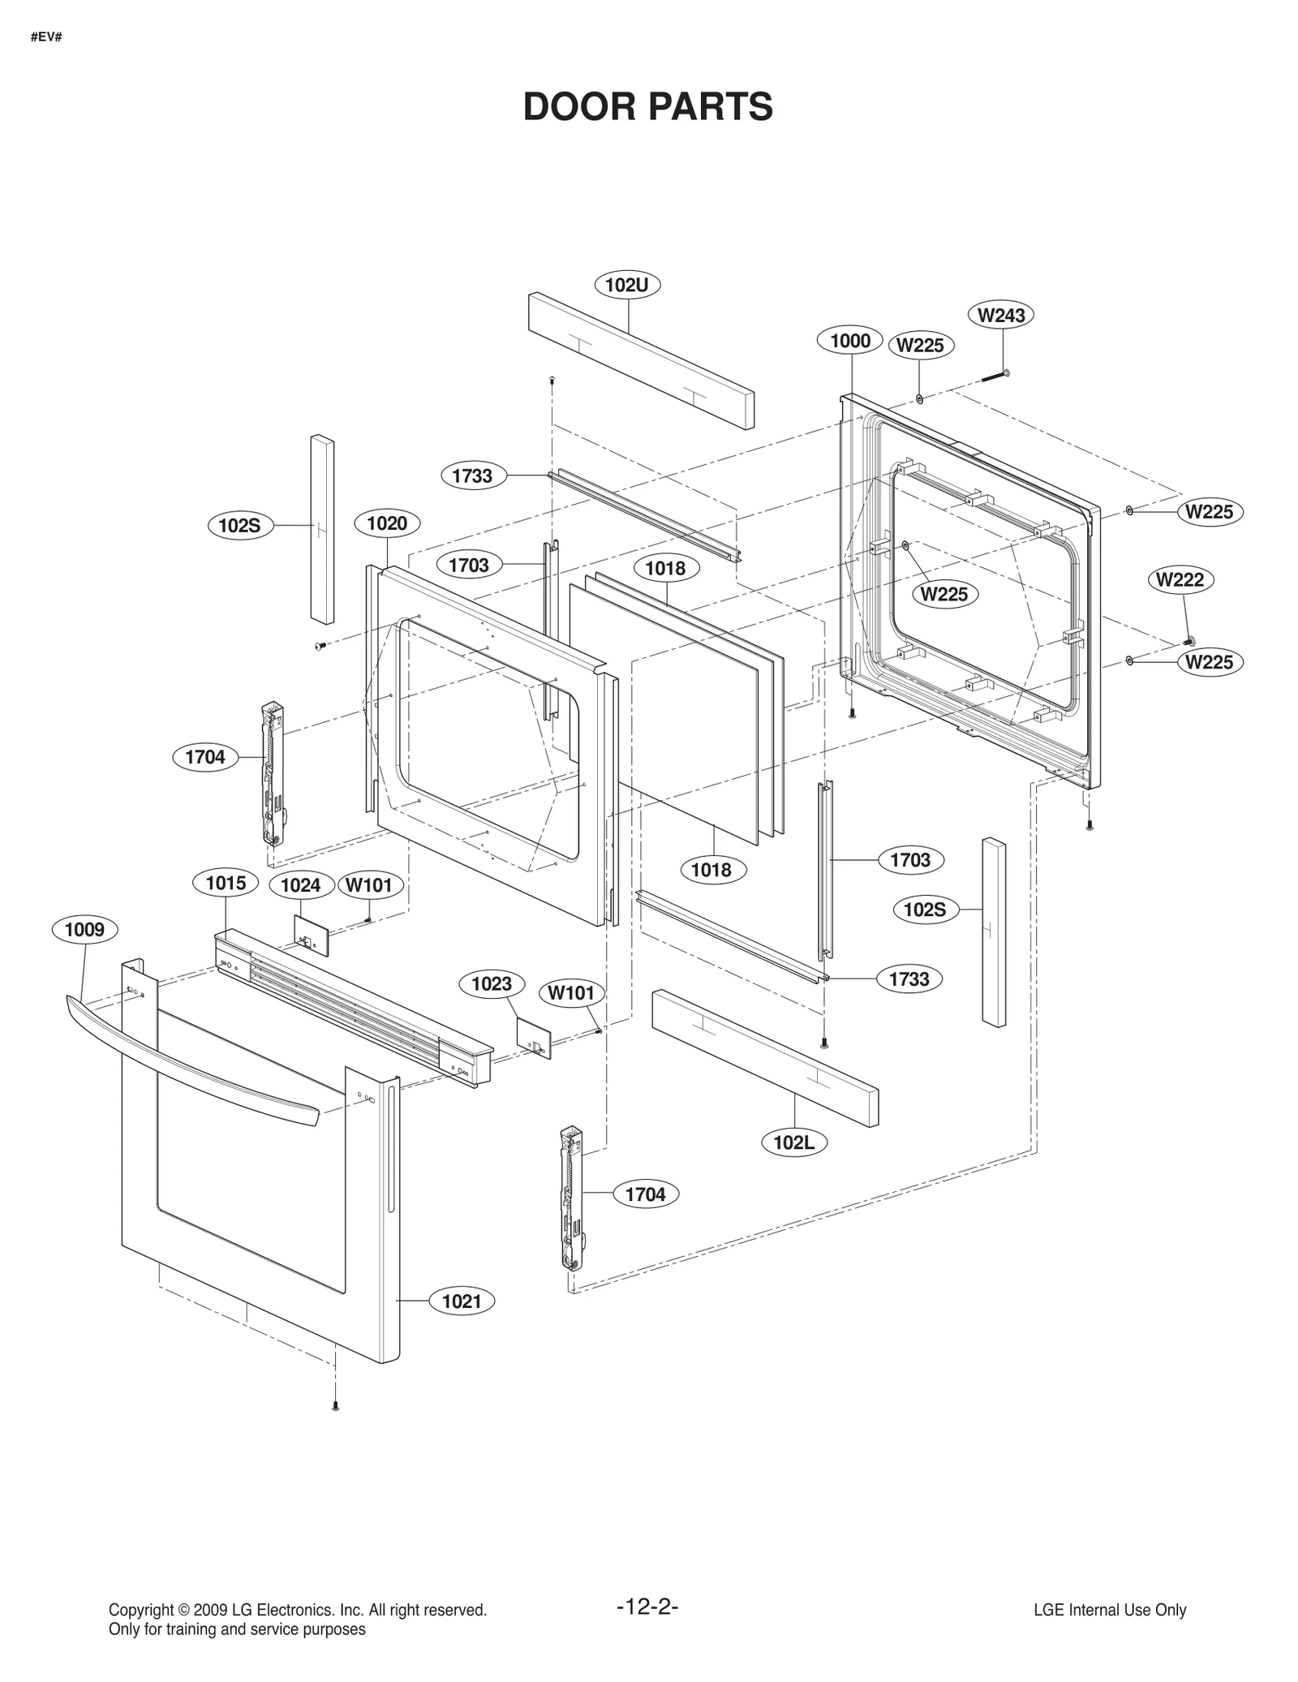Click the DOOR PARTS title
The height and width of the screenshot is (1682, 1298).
pyautogui.click(x=647, y=107)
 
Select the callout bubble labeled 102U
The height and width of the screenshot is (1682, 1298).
pyautogui.click(x=627, y=285)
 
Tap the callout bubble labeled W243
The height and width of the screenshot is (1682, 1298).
pyautogui.click(x=1001, y=315)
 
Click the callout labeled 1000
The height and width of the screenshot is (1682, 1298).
pyautogui.click(x=849, y=341)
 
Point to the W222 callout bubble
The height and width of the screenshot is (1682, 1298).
pyautogui.click(x=1180, y=579)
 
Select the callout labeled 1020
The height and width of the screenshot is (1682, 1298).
pyautogui.click(x=387, y=523)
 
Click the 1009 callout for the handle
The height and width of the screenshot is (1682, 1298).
pyautogui.click(x=84, y=929)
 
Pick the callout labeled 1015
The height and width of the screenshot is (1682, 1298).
pyautogui.click(x=226, y=883)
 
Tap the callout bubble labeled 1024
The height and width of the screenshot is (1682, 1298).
pyautogui.click(x=300, y=885)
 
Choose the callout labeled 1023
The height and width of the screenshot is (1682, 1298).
pyautogui.click(x=492, y=984)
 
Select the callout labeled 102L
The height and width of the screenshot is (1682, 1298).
pyautogui.click(x=793, y=1142)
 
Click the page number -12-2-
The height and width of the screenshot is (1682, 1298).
pyautogui.click(x=647, y=1607)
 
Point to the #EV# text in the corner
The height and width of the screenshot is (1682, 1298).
pyautogui.click(x=46, y=37)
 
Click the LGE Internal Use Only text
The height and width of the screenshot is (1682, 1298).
pyautogui.click(x=1109, y=1611)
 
